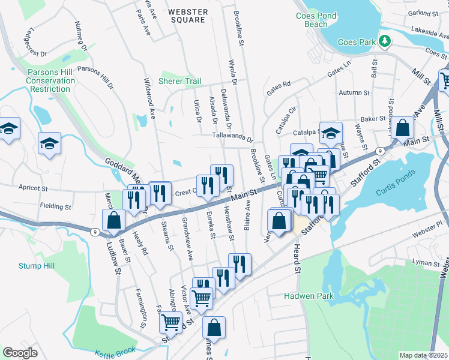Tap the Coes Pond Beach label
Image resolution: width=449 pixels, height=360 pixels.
[312, 20]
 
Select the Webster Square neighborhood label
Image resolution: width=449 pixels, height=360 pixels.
[188, 16]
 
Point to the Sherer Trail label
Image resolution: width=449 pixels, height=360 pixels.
[179, 81]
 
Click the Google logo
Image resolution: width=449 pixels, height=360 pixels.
[20, 353]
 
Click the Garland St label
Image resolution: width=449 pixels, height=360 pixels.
[423, 13]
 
